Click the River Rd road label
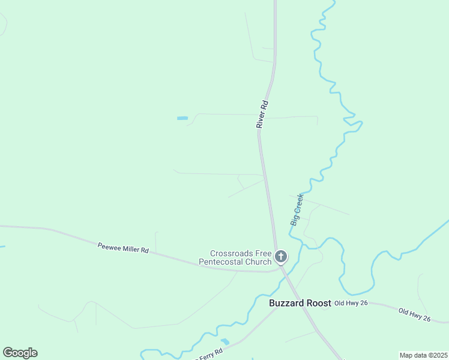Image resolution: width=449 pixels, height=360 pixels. pos(262,114)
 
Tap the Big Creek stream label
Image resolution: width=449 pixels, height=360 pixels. pos(298,209)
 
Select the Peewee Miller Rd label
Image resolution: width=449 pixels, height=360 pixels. pos(123,247)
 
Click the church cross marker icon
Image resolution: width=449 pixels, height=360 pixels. pos(280,257)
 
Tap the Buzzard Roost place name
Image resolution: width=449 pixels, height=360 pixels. pos(300,303)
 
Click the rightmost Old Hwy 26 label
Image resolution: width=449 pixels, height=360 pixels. pos(414,314)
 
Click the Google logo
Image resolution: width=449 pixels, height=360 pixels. pos(20,353)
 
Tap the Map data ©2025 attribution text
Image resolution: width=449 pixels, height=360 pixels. pos(423,355)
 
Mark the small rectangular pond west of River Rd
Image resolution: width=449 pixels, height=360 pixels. pos(182,118)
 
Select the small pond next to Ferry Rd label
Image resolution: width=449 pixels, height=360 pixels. pos(224,342)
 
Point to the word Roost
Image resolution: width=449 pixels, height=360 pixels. pos(318,303)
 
